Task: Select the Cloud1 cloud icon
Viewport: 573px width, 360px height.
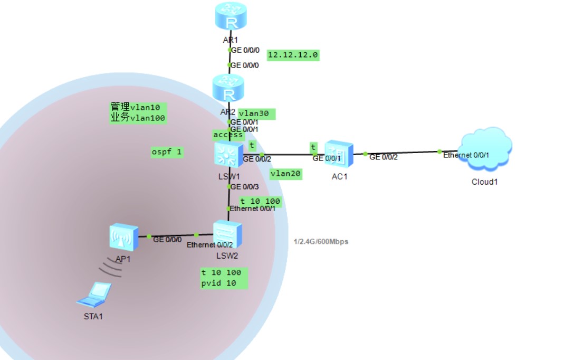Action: coord(485,150)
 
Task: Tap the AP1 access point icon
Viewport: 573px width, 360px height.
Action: coord(123,238)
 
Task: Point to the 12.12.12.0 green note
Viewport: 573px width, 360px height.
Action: coord(293,55)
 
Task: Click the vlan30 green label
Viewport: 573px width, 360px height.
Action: coord(256,113)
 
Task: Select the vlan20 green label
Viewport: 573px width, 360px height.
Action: coord(286,174)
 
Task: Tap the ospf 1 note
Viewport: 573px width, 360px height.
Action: coord(167,153)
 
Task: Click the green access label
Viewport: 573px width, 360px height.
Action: coord(228,135)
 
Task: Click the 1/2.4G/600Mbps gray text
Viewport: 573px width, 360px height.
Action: coord(321,242)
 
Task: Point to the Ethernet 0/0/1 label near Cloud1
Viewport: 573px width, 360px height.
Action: coord(466,155)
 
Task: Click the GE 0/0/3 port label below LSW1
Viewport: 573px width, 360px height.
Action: coord(244,186)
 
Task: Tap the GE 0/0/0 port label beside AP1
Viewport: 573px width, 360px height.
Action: coord(167,240)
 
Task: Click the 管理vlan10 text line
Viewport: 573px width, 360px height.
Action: coord(135,107)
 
